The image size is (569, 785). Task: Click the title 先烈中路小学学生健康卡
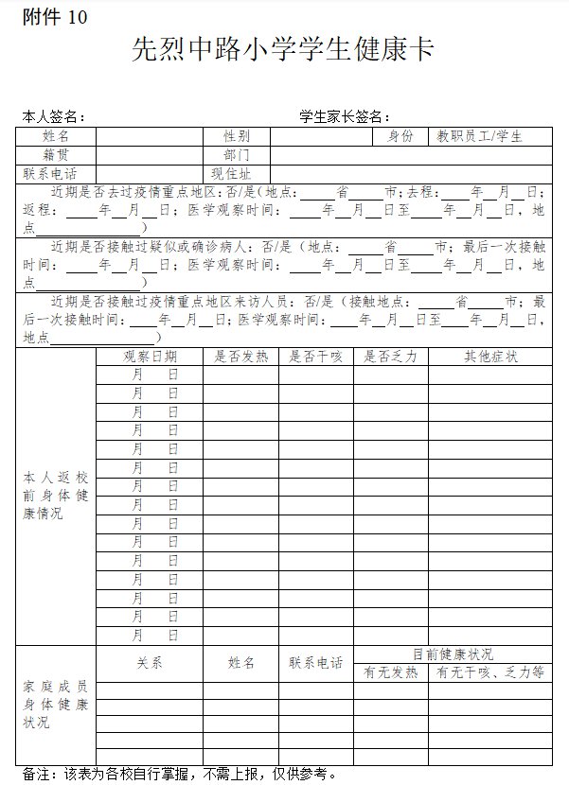pos(283,50)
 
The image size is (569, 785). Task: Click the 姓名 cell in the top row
pos(56,136)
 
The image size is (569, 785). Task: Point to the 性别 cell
pos(237,136)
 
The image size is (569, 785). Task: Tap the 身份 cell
pos(400,136)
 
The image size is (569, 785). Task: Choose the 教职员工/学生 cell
pos(479,136)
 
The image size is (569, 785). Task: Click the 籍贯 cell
pos(56,154)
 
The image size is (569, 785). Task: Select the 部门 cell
pos(237,154)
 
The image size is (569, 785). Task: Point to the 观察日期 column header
pos(150,357)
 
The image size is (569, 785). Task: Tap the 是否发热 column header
pos(240,357)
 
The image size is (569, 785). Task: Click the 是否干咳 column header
pos(315,357)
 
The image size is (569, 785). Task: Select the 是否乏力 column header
pos(390,357)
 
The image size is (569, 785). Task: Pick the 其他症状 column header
pos(489,357)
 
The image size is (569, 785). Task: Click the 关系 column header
pos(150,663)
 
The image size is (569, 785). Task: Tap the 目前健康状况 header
pos(453,654)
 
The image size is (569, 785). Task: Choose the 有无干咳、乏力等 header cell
pos(489,672)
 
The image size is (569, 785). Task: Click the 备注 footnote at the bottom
pos(180,774)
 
